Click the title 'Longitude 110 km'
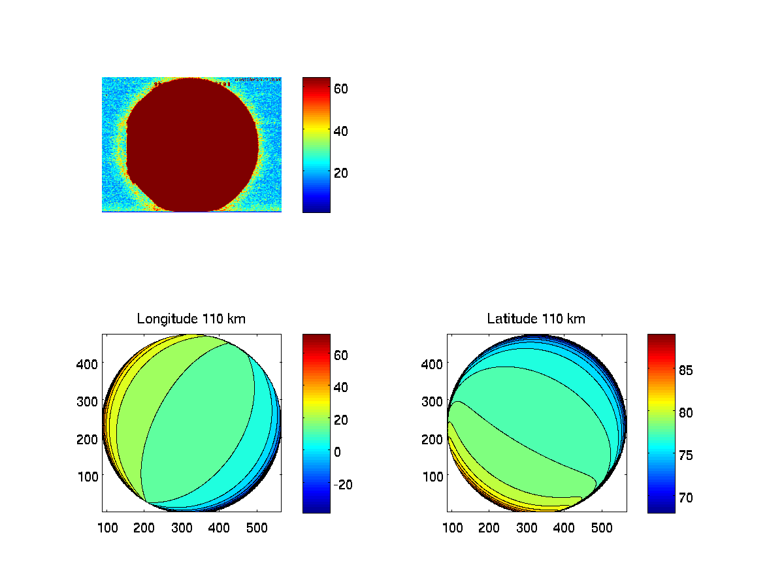click(x=191, y=319)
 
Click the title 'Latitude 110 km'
click(x=536, y=319)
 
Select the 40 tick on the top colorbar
click(x=341, y=130)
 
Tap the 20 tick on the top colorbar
click(x=341, y=172)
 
